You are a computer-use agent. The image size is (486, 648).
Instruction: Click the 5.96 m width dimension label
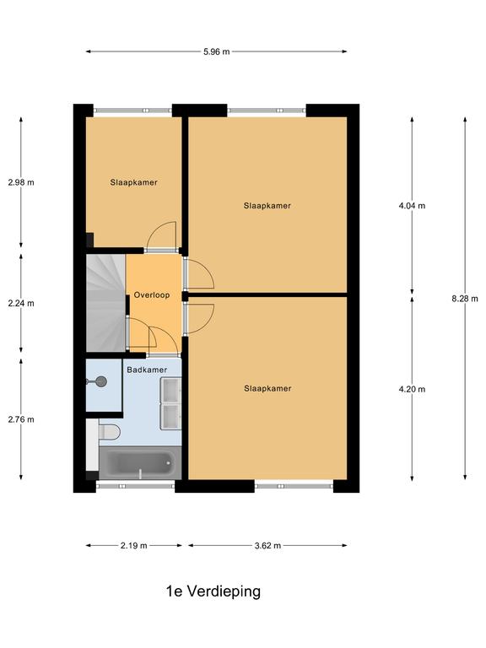tap(216, 51)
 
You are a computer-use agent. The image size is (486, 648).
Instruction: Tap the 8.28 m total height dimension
tap(465, 299)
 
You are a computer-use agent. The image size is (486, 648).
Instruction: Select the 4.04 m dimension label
tap(412, 205)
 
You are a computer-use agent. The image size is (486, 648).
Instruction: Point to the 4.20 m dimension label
tap(412, 389)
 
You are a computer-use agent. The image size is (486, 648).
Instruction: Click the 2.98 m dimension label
tap(21, 182)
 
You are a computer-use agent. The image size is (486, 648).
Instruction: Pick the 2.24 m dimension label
tap(21, 303)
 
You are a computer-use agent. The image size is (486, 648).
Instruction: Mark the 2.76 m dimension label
tap(21, 419)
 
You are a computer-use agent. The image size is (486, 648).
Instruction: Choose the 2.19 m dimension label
tap(134, 546)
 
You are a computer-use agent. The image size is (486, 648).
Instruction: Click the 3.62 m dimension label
tap(267, 546)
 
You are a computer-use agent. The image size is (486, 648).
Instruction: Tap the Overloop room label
tap(152, 295)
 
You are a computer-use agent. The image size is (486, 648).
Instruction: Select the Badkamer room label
tap(147, 370)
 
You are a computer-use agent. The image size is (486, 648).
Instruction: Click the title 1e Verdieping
tap(213, 591)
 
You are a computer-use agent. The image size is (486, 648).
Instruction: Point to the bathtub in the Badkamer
tap(140, 463)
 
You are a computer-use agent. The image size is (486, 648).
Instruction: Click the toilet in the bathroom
tap(109, 432)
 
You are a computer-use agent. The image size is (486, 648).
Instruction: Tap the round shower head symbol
tap(101, 382)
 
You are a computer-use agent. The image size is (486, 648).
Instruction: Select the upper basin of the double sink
tap(170, 391)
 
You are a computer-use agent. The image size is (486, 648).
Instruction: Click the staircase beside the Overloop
tap(105, 303)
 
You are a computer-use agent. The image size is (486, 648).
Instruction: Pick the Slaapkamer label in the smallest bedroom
tap(133, 182)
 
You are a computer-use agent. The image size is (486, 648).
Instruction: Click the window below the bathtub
tap(136, 486)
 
